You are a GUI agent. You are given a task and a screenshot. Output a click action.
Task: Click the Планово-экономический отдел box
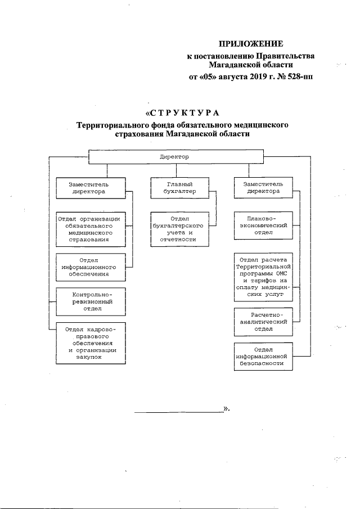pos(263,224)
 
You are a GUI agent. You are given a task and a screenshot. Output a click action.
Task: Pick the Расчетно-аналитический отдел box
pos(263,321)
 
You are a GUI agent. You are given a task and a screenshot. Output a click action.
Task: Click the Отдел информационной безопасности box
pos(263,356)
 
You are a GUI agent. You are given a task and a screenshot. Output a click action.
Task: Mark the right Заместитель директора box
pos(263,187)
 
